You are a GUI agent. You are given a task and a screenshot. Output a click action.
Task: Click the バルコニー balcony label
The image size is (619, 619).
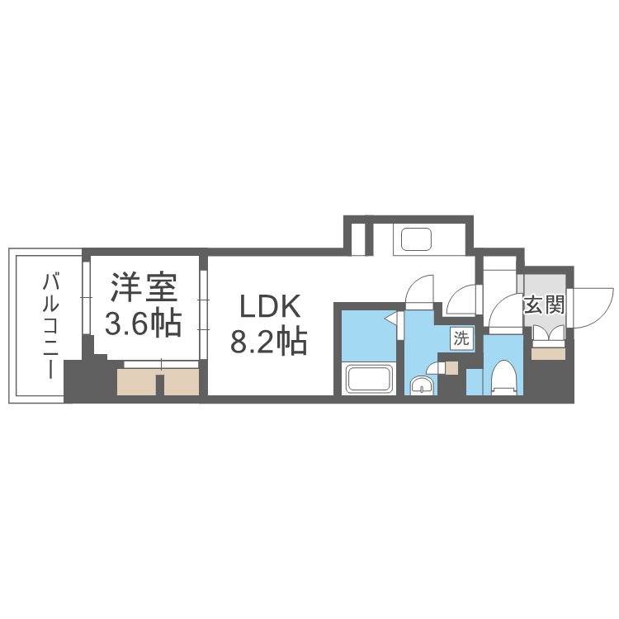50,326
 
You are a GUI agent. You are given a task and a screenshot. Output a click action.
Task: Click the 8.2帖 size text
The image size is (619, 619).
269,340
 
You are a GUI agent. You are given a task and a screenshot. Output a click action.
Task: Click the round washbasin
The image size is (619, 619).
422,385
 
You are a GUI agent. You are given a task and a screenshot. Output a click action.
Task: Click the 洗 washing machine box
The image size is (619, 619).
461,337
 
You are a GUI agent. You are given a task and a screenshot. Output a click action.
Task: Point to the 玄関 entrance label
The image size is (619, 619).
543,305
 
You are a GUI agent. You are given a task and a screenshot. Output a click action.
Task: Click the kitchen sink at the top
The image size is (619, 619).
417,239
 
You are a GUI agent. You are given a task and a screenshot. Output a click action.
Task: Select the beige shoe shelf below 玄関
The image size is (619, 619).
546,353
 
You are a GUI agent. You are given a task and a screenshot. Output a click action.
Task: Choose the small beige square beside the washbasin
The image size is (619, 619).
451,367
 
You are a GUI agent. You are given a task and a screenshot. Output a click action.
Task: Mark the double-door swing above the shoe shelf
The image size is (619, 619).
546,333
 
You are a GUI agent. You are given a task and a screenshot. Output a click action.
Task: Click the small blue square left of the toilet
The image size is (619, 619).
475,380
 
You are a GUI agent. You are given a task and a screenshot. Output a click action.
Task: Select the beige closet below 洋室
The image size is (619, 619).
158,380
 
